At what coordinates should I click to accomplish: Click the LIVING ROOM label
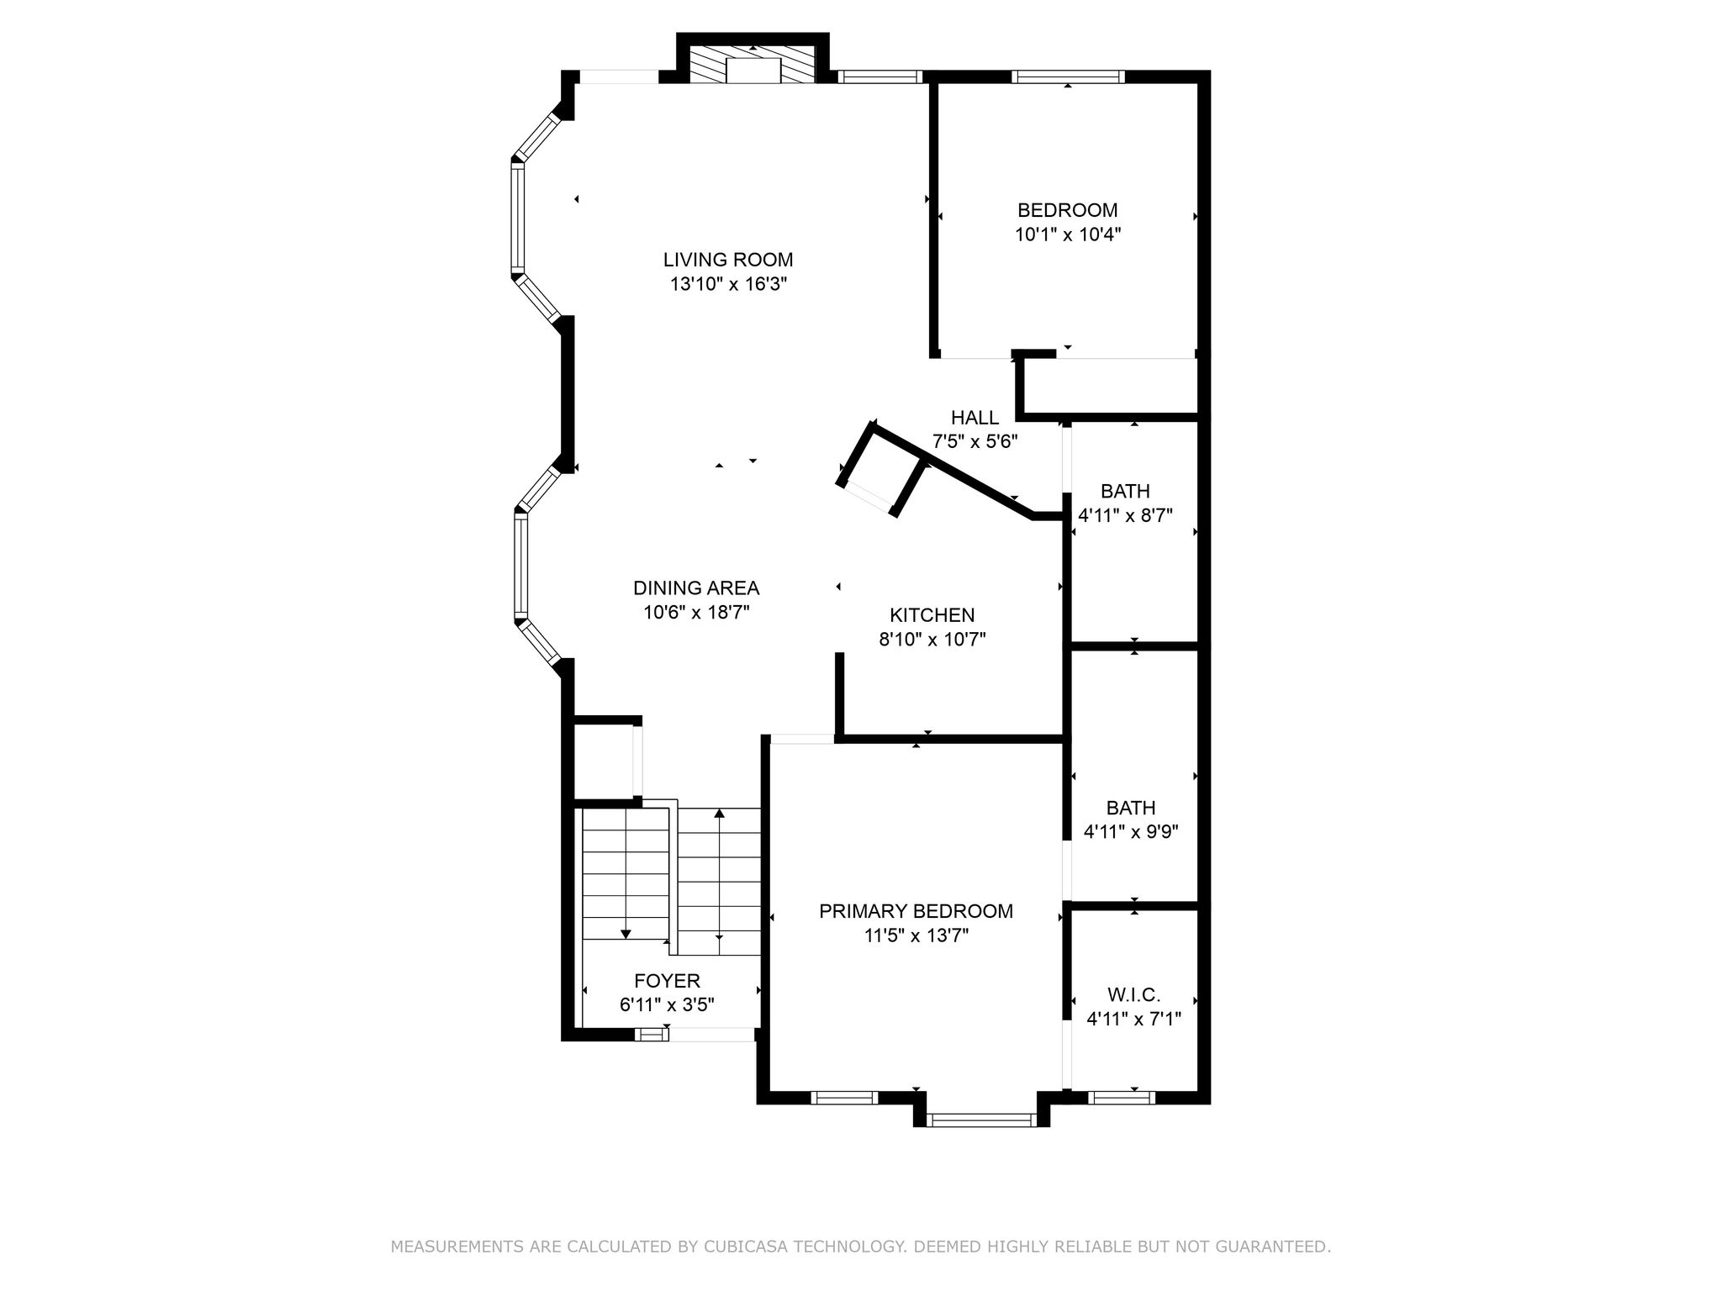(728, 260)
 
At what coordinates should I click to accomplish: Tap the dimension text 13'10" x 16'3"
(728, 284)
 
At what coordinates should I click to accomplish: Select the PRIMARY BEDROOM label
(916, 911)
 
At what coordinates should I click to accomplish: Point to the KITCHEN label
(932, 615)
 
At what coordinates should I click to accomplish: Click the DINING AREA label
(696, 588)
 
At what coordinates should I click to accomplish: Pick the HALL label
(975, 418)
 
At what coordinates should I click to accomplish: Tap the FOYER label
(667, 981)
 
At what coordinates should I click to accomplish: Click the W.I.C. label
(1134, 995)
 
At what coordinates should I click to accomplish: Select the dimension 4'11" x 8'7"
(1126, 515)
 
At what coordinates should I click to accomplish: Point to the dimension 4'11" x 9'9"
(1131, 832)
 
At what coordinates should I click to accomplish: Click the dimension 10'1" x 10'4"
(1068, 234)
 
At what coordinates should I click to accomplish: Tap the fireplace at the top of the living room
(753, 64)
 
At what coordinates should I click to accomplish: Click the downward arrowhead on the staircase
(626, 934)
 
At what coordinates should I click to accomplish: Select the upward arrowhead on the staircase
(719, 814)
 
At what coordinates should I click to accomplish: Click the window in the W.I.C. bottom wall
(1121, 1097)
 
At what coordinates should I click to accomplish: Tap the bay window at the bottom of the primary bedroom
(981, 1120)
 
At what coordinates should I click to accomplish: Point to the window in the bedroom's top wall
(1068, 76)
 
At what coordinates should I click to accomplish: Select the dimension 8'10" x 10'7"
(932, 640)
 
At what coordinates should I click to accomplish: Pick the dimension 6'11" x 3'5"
(667, 1005)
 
